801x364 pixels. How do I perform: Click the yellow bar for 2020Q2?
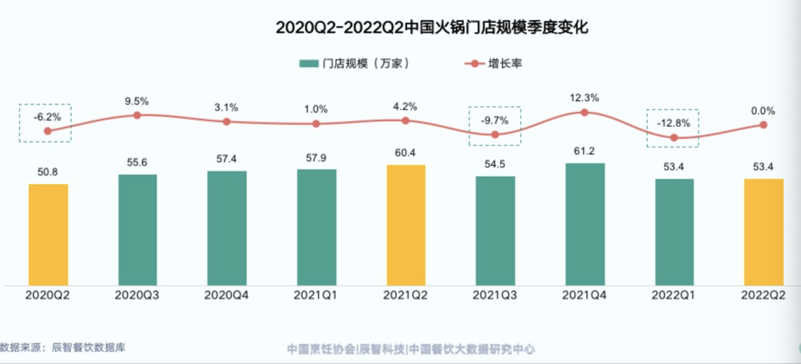point(48,234)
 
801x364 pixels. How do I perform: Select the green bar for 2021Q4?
point(584,224)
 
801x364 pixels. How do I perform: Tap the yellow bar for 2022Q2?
point(764,231)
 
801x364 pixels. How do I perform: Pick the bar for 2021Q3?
point(495,230)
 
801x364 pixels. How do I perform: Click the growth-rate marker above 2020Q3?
point(137,115)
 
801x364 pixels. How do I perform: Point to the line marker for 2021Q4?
point(584,112)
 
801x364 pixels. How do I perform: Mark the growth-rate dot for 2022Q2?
point(764,125)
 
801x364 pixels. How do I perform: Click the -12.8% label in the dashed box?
point(673,123)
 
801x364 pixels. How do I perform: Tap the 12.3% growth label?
point(584,97)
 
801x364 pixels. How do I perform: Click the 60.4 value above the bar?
point(405,153)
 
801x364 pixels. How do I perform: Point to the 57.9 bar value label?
point(316,157)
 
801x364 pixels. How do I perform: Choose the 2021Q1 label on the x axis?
point(316,295)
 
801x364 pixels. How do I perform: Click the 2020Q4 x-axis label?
point(226,295)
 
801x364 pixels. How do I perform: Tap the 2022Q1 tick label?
point(673,295)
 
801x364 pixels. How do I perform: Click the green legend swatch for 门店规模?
point(308,64)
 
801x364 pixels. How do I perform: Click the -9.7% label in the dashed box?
point(495,120)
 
